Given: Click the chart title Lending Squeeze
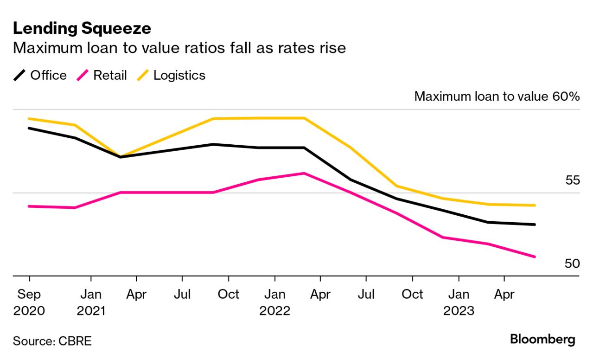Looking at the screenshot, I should [x=82, y=28].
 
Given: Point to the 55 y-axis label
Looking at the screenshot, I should [x=572, y=180].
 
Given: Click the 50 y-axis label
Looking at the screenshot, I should [x=572, y=264].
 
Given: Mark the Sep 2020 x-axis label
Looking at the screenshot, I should [x=29, y=302].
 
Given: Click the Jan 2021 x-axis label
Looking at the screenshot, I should [x=91, y=302].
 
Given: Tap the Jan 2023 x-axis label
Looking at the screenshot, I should [x=459, y=302].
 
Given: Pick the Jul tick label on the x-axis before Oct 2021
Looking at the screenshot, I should [x=182, y=294].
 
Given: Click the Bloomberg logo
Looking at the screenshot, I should [x=542, y=340].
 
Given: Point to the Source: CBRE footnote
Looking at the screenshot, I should [x=52, y=341].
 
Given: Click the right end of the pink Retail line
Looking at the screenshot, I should [x=535, y=257].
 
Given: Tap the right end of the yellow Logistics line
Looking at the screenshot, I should [x=535, y=205].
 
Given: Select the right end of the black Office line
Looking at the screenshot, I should [x=535, y=225].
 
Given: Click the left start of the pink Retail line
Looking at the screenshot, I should [x=29, y=206].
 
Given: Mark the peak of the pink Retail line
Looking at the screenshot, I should [x=304, y=174].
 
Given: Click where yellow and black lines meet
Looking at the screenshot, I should [x=121, y=157].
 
